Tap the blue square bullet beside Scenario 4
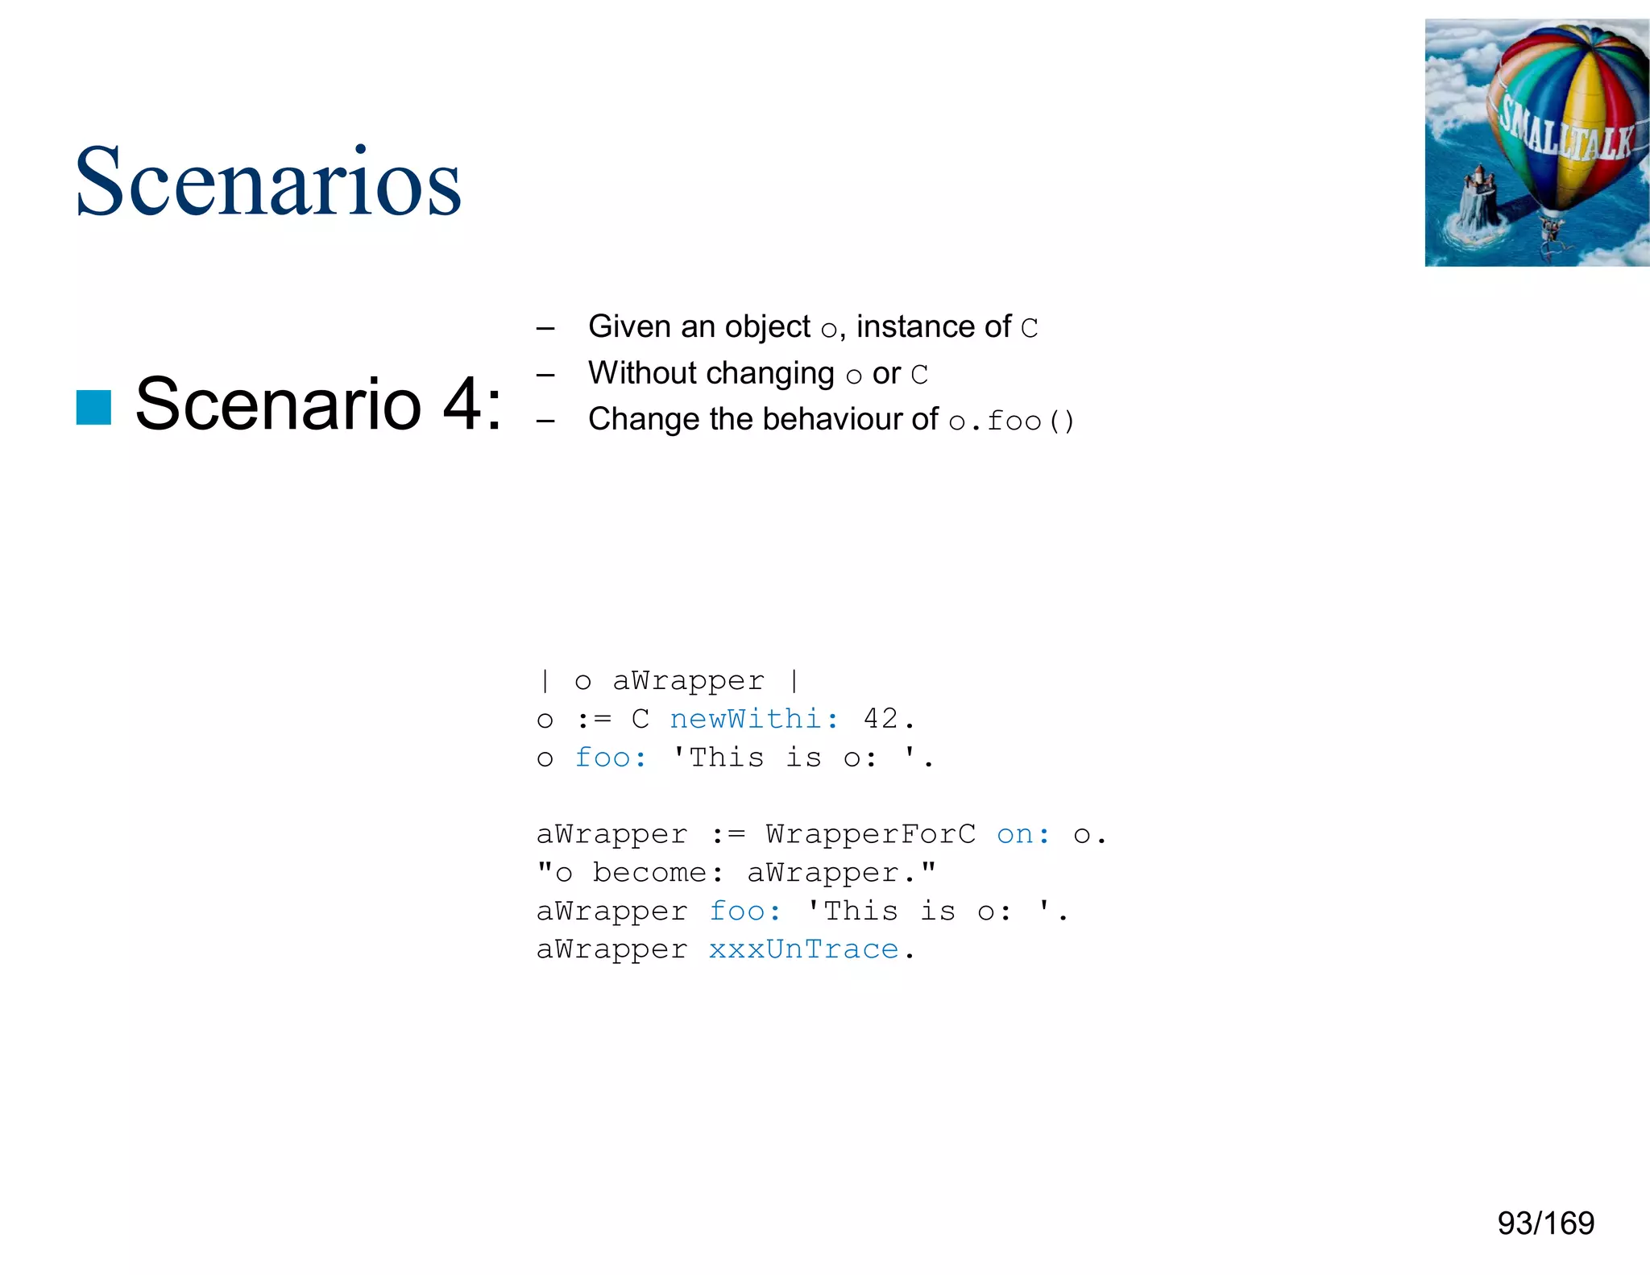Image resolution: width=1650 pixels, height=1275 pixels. coord(93,407)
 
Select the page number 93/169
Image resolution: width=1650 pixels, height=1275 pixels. coord(1545,1223)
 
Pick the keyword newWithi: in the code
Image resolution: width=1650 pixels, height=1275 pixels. coord(755,718)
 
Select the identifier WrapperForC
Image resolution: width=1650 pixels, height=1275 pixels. coord(870,834)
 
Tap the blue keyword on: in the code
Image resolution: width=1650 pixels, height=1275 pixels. coord(1023,834)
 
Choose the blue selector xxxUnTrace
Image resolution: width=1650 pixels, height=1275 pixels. coord(803,949)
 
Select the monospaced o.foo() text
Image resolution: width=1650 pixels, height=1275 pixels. coord(1011,421)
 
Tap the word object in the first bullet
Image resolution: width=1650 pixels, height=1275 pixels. coord(767,327)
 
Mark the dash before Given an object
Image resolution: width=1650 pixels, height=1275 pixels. coord(545,328)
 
